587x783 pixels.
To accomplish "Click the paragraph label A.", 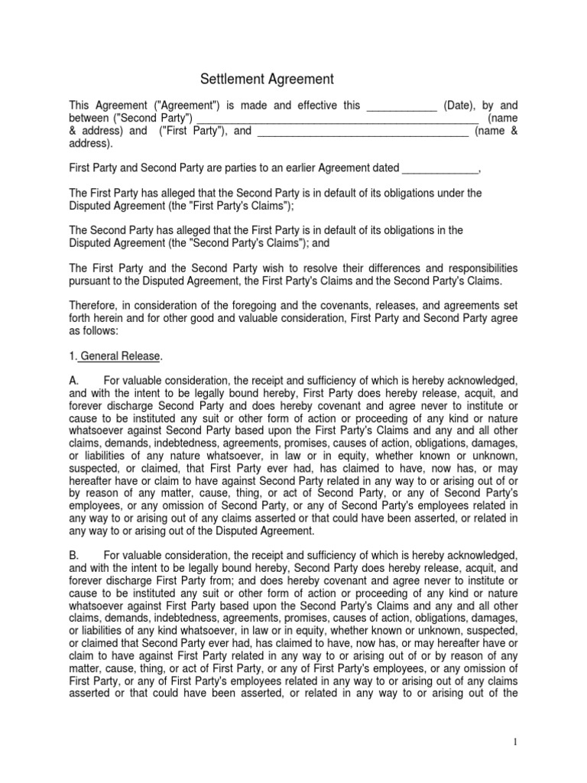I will [73, 381].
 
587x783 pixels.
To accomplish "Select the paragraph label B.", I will [73, 554].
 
